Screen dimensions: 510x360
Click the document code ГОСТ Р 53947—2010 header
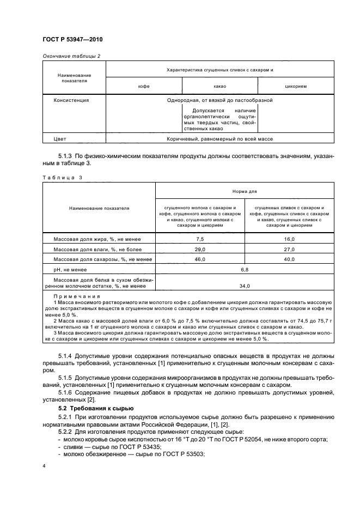(x=72, y=40)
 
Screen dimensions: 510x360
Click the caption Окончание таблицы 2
(x=71, y=56)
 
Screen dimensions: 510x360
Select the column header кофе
(x=144, y=86)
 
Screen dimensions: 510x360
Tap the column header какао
(x=219, y=86)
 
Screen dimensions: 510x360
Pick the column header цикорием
(x=295, y=86)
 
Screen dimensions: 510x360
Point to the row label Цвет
(x=60, y=139)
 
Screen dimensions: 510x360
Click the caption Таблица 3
(x=62, y=178)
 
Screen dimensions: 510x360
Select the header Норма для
(x=245, y=192)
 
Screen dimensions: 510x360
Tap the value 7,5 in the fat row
(x=200, y=239)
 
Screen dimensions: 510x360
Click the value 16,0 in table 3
(x=289, y=239)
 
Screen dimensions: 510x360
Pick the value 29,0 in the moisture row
(x=200, y=249)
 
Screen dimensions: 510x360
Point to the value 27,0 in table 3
(x=289, y=249)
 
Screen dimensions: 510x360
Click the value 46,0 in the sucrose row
(x=200, y=259)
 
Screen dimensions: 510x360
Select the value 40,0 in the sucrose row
(x=289, y=259)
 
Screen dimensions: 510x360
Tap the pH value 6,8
(x=245, y=269)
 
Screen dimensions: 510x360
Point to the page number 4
(x=44, y=466)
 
